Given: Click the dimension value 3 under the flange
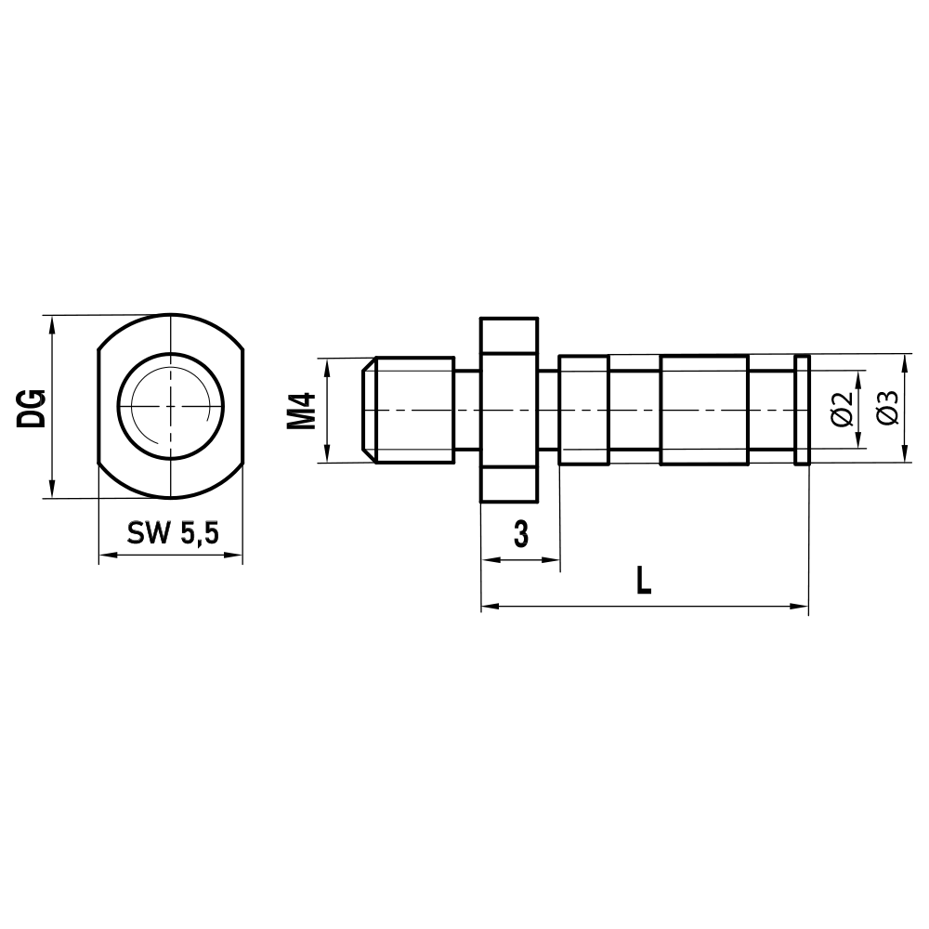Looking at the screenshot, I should click(520, 534).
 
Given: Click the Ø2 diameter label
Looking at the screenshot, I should click(843, 409).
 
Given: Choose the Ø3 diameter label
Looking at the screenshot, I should click(887, 409).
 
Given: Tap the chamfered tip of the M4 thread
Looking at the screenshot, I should click(368, 410).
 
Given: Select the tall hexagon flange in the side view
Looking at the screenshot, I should click(509, 410).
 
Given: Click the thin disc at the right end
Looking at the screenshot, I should click(804, 410).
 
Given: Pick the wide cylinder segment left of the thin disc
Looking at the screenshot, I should click(703, 410).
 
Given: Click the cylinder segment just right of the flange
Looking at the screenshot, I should click(583, 410).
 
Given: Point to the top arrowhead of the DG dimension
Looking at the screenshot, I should click(52, 323).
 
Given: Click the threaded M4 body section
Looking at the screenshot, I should click(413, 410).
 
